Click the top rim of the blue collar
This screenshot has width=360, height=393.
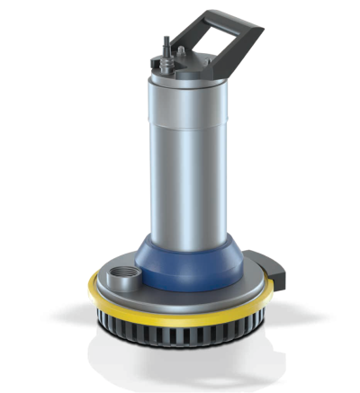[184, 236]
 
